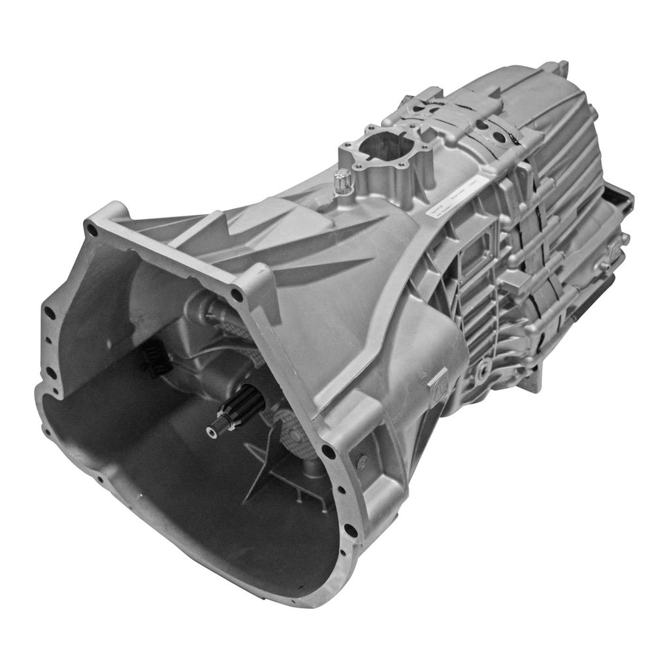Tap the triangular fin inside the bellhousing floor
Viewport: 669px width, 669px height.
[x=261, y=477]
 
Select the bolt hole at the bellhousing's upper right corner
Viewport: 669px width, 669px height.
[x=237, y=295]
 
